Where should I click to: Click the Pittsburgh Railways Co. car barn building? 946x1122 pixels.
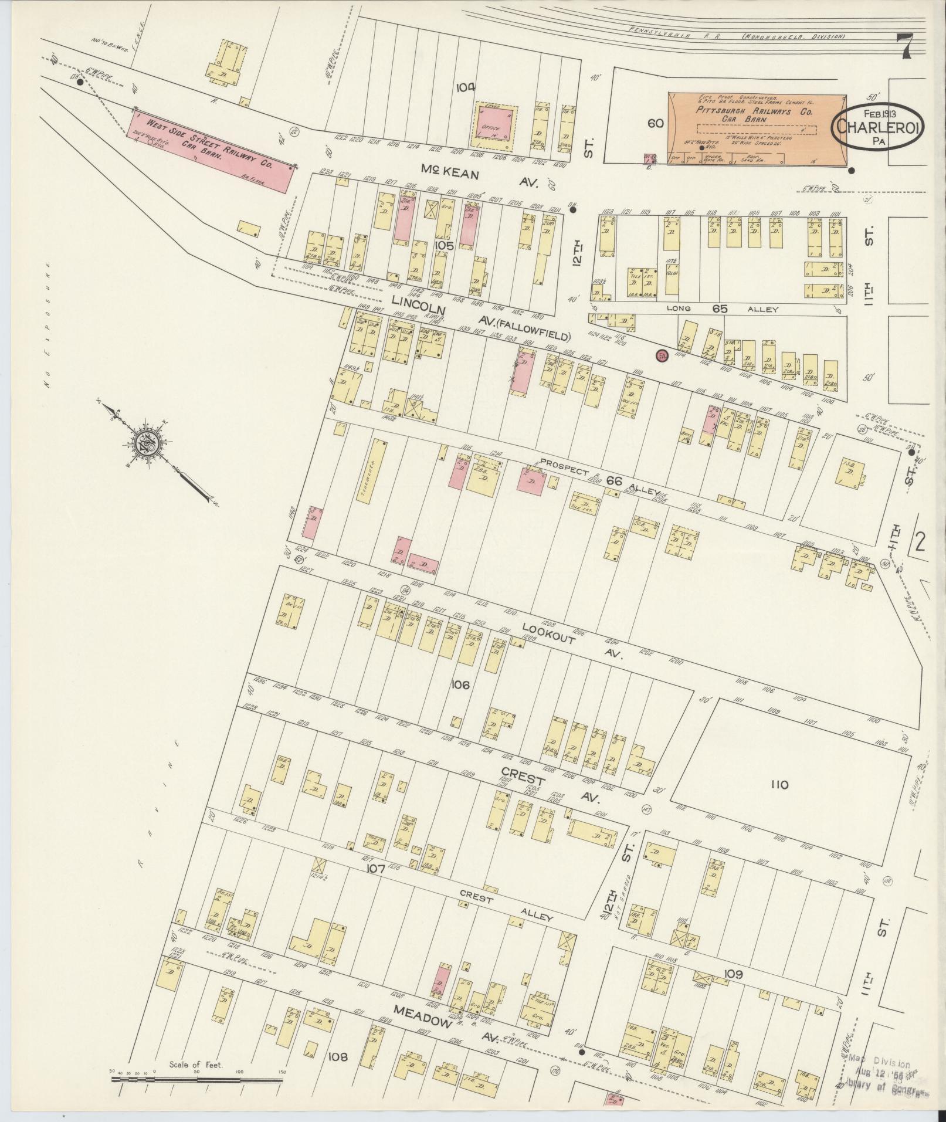[757, 129]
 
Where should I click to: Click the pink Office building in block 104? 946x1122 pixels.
[496, 127]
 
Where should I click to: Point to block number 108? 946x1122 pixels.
[338, 1057]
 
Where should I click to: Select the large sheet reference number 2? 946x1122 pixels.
[918, 541]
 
